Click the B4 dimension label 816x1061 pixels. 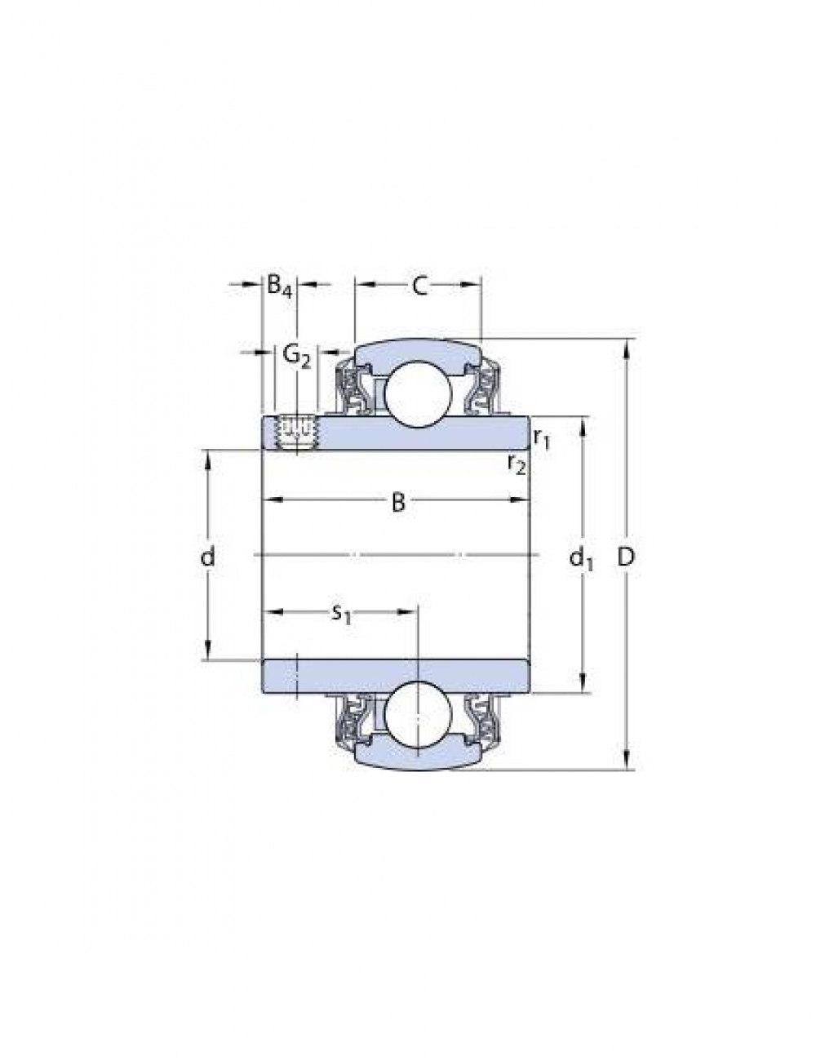[x=279, y=286]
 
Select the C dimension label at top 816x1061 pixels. [x=419, y=286]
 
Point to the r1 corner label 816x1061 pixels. [x=542, y=438]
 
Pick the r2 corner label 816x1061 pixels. [x=517, y=463]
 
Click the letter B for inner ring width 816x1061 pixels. [x=399, y=502]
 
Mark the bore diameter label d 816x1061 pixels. [x=207, y=555]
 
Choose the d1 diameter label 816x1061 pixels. [x=581, y=557]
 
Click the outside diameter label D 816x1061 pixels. [x=626, y=557]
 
